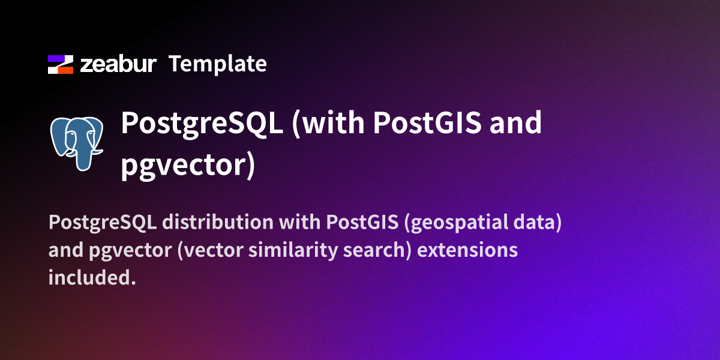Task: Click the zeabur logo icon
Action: click(61, 64)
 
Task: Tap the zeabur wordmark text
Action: click(119, 65)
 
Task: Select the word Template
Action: click(217, 64)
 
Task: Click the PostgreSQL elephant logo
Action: click(77, 143)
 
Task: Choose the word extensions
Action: click(467, 250)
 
